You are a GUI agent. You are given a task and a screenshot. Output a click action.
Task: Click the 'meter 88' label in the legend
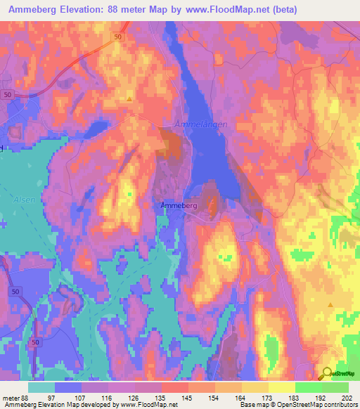(x=15, y=397)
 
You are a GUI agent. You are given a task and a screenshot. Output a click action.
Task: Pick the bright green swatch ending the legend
(x=335, y=387)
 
